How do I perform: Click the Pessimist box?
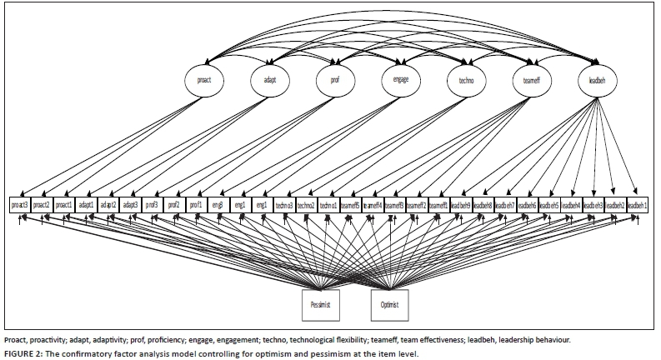click(x=321, y=305)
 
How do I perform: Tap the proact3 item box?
click(x=21, y=204)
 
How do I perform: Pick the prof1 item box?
click(x=195, y=204)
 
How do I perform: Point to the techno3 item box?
click(x=284, y=204)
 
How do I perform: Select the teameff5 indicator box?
click(x=350, y=204)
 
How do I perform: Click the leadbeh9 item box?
click(x=460, y=204)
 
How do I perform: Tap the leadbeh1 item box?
click(x=637, y=204)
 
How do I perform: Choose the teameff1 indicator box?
click(x=438, y=204)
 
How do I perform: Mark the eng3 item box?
click(x=218, y=204)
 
